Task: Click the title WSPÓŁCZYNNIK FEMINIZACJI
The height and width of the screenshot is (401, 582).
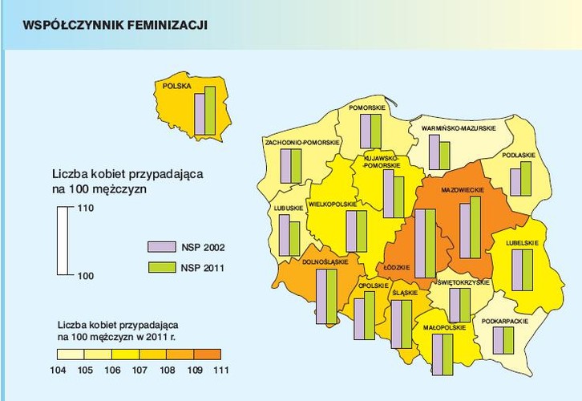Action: (115, 25)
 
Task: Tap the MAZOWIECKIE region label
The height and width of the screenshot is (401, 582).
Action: (466, 191)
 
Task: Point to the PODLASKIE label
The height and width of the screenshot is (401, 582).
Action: (518, 156)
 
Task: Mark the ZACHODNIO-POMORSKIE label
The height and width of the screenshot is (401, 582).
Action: (302, 142)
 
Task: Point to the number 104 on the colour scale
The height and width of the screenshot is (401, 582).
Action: (57, 370)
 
